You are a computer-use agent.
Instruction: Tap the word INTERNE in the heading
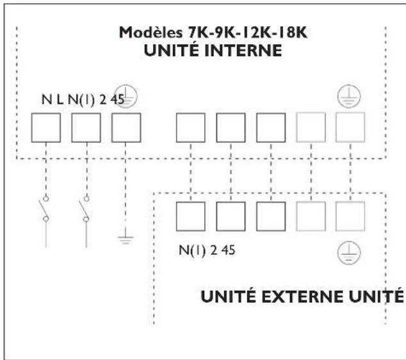click(248, 51)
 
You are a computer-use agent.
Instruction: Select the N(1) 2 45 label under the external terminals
click(206, 250)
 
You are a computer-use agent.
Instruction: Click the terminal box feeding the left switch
click(46, 128)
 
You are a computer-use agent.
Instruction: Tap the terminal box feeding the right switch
click(86, 128)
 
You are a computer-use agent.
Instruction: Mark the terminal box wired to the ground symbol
click(126, 128)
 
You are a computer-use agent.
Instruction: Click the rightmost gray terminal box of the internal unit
click(350, 128)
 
